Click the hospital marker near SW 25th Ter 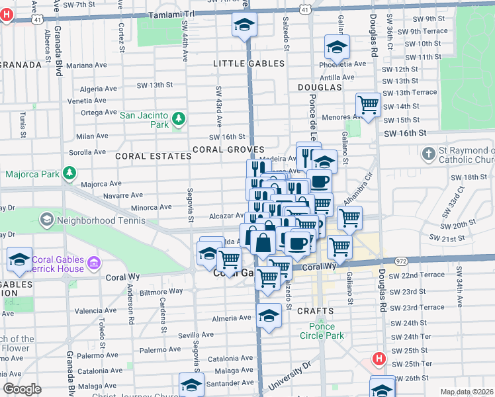(379, 359)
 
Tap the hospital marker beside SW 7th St (6, 15)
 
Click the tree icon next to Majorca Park (69, 174)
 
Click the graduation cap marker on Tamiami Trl (244, 25)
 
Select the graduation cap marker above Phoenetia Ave (337, 48)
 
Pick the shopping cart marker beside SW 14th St (368, 105)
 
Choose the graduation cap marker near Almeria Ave (269, 316)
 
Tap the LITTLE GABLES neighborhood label (249, 64)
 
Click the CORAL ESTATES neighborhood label (148, 156)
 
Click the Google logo (22, 389)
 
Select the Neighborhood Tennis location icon (47, 218)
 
